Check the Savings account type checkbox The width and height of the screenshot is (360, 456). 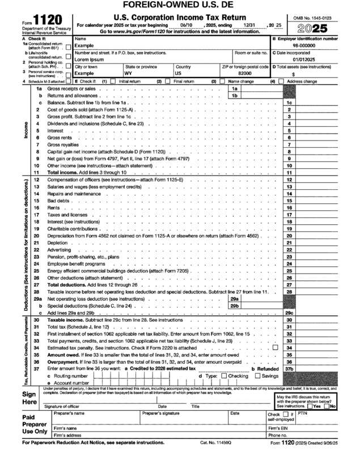[258, 376]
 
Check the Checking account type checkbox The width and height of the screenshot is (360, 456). [224, 376]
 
